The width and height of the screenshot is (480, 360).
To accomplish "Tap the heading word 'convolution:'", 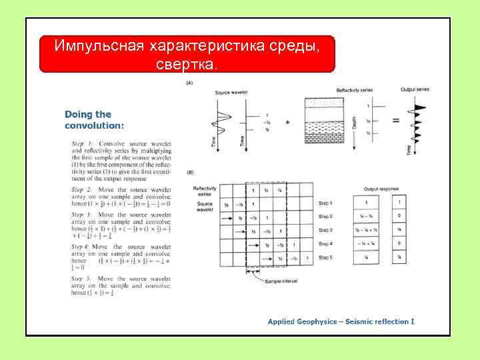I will tap(94, 125).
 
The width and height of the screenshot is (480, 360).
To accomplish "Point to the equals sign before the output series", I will tap(395, 120).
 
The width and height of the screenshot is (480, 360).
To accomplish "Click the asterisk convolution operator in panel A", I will tap(287, 122).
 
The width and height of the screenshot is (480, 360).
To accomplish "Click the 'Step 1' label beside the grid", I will tap(325, 202).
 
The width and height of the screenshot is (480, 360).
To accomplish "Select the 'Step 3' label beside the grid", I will tap(325, 230).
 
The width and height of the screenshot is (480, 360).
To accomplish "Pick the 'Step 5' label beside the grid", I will tap(325, 257).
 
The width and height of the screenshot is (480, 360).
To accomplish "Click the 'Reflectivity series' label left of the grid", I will tap(204, 191).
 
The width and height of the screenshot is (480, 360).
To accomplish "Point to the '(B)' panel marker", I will tap(190, 172).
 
